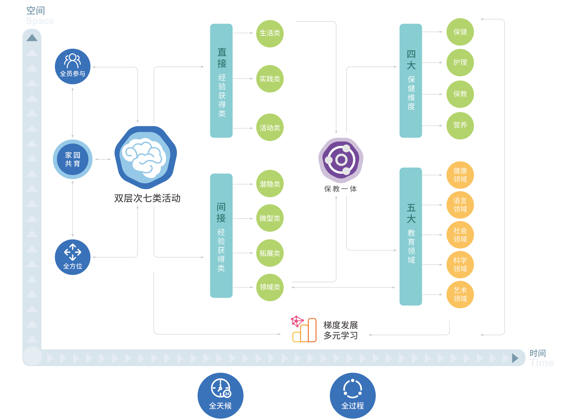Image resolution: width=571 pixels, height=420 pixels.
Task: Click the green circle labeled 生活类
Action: click(x=270, y=34)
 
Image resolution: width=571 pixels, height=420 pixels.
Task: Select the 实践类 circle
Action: click(x=270, y=79)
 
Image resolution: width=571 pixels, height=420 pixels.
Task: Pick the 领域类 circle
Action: click(x=270, y=287)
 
